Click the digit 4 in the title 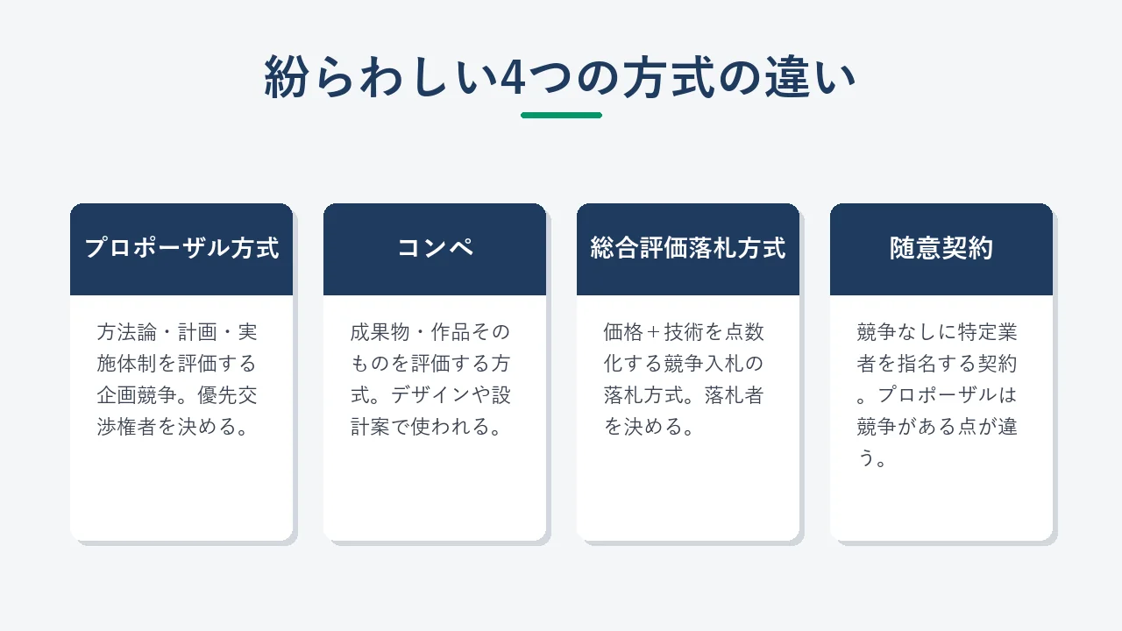513,77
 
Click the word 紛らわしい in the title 381,76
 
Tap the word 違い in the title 809,76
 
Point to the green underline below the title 561,115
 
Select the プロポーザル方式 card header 181,248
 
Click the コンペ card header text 435,248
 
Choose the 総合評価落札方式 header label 688,248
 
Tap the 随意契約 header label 941,248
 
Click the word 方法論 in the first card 127,332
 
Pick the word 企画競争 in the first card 137,395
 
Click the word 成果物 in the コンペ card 380,332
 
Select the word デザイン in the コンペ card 430,395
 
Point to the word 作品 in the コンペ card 451,332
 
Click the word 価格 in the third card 623,332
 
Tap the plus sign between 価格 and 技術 653,332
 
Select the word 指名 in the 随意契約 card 917,364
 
